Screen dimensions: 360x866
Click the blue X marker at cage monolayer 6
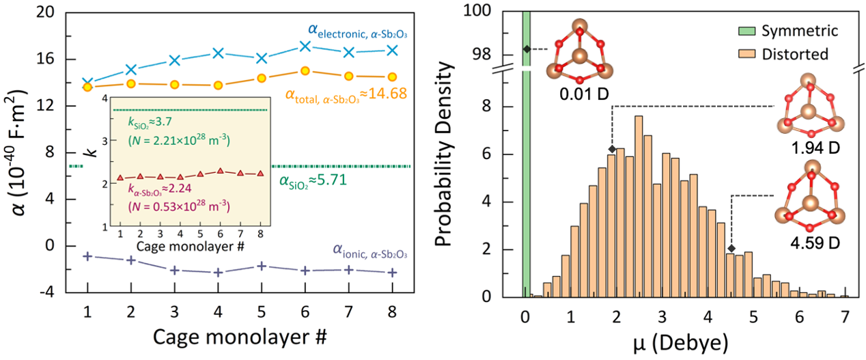305,46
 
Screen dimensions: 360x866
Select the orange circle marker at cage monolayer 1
87,86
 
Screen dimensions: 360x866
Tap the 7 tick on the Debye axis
845,317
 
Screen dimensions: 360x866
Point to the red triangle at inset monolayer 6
220,171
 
